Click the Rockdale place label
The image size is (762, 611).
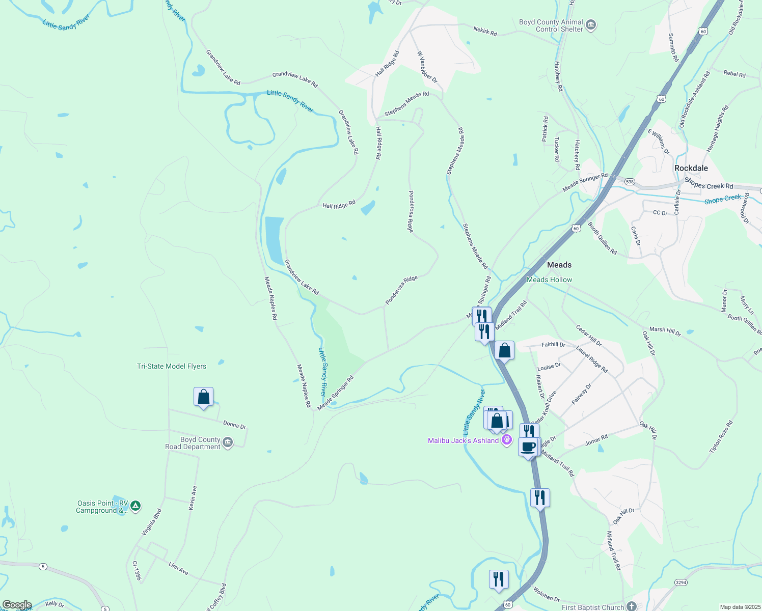tap(691, 168)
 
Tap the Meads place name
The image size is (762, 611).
tap(559, 265)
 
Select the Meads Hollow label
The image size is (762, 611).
tap(549, 280)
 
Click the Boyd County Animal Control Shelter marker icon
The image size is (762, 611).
tap(591, 25)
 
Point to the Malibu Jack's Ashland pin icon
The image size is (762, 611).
tap(506, 440)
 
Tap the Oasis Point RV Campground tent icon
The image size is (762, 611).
tap(135, 506)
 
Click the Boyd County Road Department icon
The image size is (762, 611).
tap(228, 443)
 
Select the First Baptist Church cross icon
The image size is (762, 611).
tap(632, 606)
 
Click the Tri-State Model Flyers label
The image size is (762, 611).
tap(172, 366)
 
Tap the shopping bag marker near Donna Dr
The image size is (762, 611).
tap(203, 397)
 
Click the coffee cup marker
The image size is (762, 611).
tap(528, 447)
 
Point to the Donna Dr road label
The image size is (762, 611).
tap(234, 424)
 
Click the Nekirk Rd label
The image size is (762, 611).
tap(485, 32)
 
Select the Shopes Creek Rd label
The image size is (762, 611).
tap(709, 183)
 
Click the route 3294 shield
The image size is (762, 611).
tap(681, 582)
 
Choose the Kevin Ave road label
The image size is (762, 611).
tap(193, 498)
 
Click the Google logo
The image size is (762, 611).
tap(17, 605)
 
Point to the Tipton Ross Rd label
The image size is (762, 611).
tap(721, 436)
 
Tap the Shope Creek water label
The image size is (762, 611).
tap(723, 199)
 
